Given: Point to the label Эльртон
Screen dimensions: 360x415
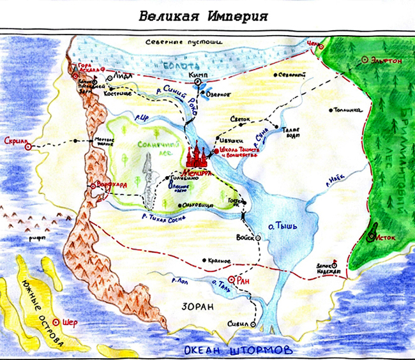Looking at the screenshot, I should (x=388, y=60).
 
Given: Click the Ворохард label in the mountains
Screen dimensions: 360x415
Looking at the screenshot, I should (x=112, y=185).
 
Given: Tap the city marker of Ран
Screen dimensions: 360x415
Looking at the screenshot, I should (x=234, y=279).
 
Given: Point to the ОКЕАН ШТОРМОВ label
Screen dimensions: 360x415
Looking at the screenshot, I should (x=238, y=350).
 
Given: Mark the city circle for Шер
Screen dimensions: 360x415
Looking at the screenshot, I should (x=57, y=322).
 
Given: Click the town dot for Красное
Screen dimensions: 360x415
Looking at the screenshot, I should (x=202, y=260).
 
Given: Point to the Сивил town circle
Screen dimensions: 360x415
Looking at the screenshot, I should (x=257, y=324).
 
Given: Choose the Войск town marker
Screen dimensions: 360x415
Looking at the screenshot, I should (x=259, y=237).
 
